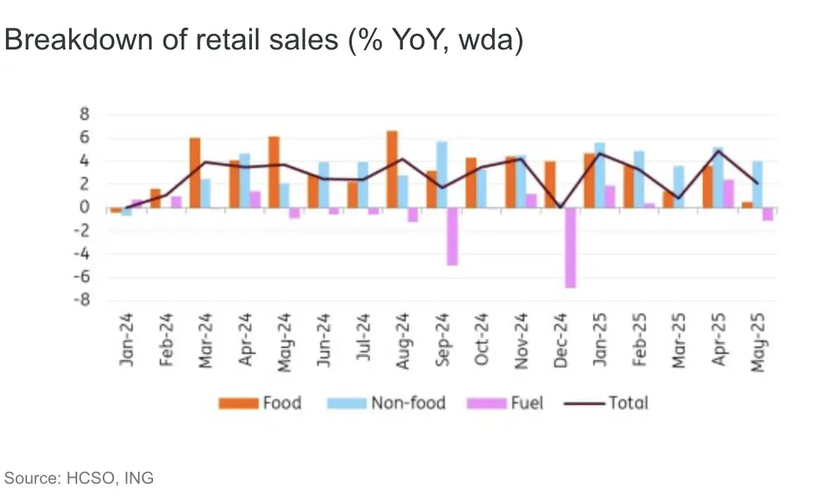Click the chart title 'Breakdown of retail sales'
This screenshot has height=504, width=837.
263,40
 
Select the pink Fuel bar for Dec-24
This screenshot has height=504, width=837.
570,247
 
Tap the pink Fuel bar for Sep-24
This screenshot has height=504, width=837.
452,236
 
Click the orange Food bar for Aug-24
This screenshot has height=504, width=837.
391,169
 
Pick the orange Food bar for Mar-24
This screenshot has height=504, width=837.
194,172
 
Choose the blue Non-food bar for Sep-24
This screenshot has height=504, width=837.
442,175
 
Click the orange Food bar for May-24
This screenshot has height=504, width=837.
274,172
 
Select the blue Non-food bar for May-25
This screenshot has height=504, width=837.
757,184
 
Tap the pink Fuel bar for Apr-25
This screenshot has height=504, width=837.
728,193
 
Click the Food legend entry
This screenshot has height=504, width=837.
260,403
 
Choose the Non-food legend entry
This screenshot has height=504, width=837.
386,403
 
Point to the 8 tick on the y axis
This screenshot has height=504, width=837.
85,115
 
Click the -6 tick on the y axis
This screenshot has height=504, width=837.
82,277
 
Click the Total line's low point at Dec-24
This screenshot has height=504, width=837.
560,208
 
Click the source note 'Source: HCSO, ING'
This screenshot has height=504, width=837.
79,478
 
